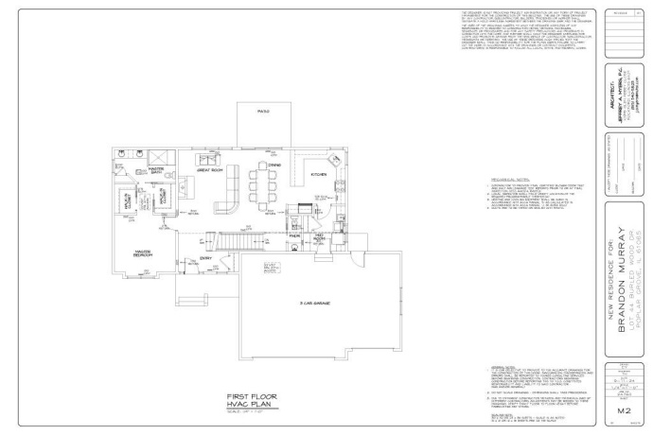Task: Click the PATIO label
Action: point(263,112)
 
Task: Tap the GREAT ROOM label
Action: point(209,170)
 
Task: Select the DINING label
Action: point(274,165)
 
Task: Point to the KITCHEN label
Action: point(319,175)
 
